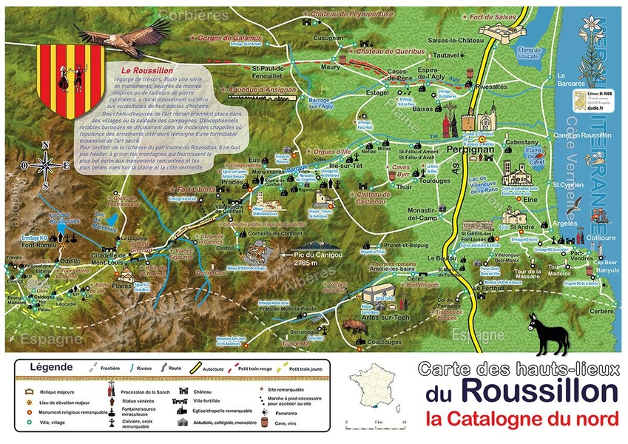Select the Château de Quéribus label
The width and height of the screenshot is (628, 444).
(388, 51)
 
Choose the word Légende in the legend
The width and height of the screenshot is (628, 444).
(50, 366)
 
